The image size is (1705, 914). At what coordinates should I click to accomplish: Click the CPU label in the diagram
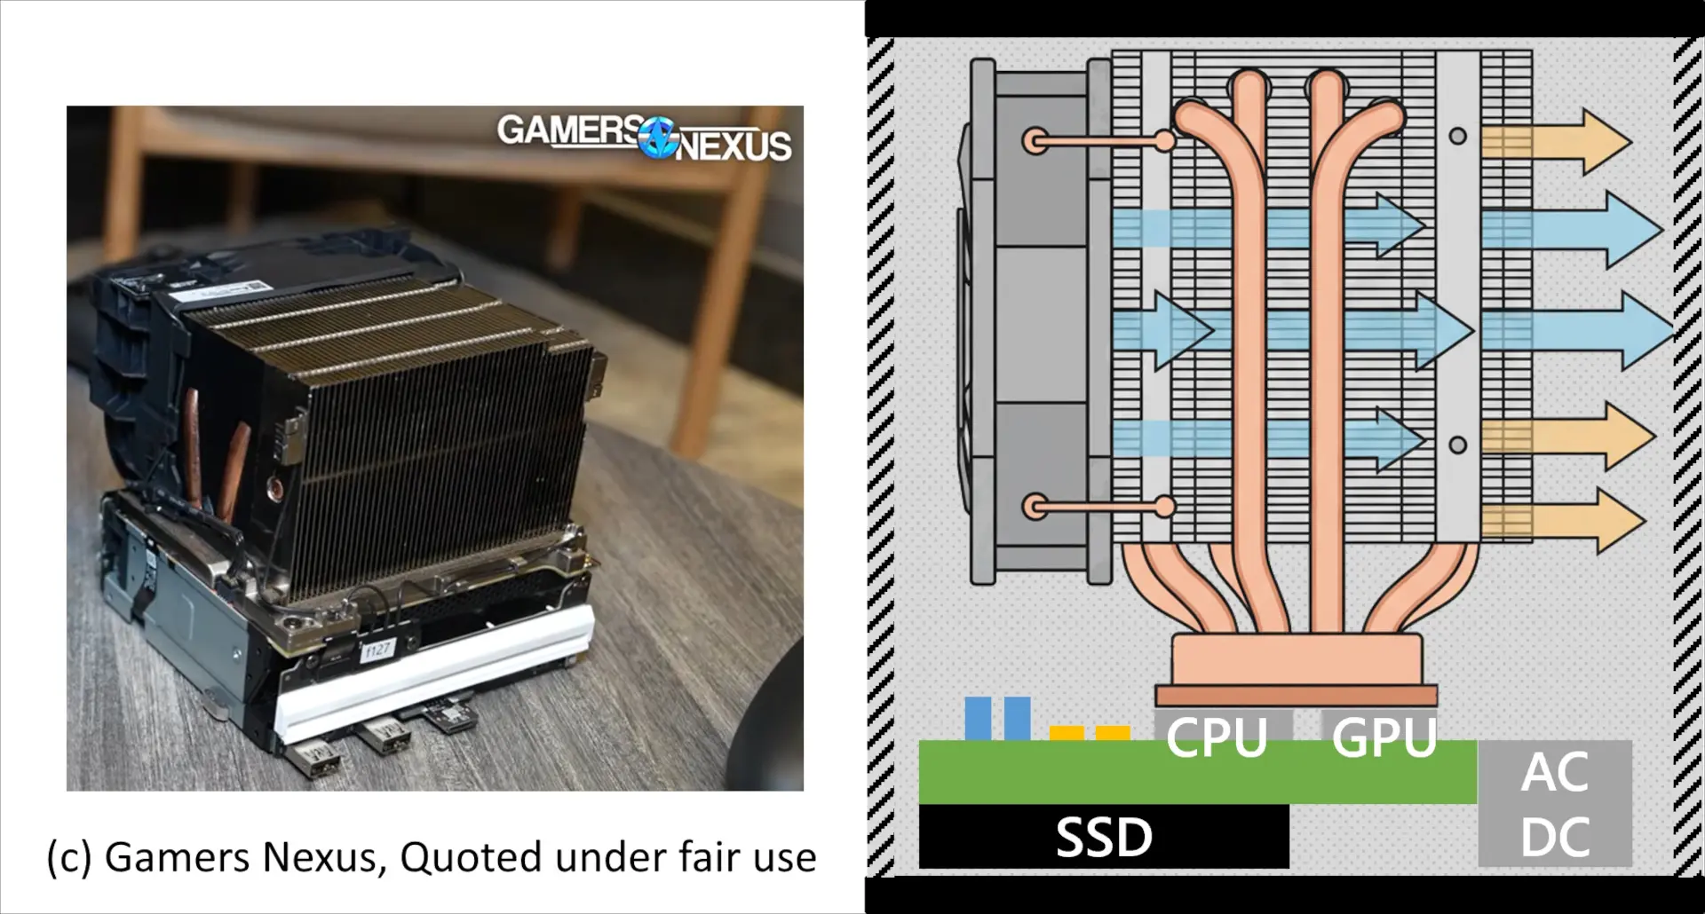1216,737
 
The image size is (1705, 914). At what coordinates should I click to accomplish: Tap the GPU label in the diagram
1384,737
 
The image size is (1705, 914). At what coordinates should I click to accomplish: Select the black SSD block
1103,837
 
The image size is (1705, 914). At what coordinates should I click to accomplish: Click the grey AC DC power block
1554,804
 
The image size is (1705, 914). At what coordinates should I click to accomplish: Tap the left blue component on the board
977,718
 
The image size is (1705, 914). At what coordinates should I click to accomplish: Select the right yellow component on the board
1113,733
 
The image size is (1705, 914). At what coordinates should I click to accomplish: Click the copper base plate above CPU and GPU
1296,693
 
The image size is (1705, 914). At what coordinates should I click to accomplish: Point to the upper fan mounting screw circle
1035,140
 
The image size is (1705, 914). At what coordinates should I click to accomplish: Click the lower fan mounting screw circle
1035,508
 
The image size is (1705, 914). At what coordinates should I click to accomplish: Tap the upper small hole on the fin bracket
1457,137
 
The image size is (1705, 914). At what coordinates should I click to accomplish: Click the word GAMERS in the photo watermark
568,130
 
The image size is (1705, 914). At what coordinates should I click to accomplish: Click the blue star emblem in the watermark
658,139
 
